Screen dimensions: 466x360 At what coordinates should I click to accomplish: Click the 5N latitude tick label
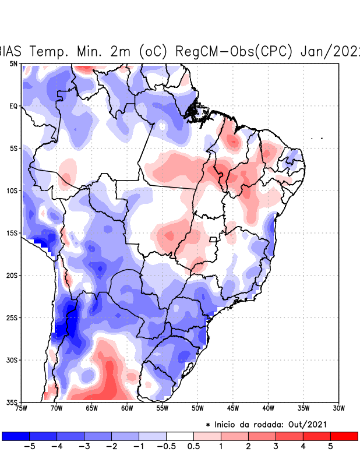point(13,63)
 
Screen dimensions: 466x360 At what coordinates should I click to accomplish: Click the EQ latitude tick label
point(13,106)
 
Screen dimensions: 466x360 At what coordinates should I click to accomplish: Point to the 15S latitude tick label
point(12,233)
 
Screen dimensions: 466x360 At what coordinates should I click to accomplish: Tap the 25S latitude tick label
point(12,317)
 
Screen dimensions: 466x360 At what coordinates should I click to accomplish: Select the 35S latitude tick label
point(12,402)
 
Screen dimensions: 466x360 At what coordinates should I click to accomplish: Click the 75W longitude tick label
point(22,408)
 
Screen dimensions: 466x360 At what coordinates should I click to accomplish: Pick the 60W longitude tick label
point(127,408)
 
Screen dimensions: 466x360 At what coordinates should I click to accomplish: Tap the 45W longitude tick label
point(233,408)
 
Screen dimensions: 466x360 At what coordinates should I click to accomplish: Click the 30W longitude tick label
point(338,408)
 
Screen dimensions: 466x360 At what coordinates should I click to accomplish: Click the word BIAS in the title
point(12,51)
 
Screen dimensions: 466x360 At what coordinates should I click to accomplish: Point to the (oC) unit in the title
point(153,51)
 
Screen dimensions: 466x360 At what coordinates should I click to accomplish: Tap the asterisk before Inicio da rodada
point(208,425)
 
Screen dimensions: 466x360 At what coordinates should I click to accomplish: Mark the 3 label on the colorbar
point(276,446)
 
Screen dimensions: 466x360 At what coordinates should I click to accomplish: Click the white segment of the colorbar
point(180,436)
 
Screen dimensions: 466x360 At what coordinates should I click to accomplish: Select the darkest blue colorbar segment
point(15,436)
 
